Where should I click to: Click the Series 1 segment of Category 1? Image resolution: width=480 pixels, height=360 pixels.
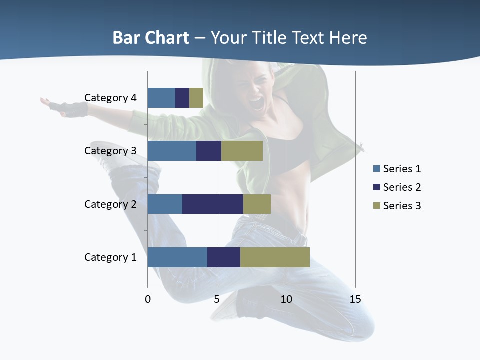[177, 257]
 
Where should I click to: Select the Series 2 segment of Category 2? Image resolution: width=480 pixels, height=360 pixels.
[212, 204]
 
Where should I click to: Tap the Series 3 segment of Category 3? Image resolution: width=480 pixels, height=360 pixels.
[242, 151]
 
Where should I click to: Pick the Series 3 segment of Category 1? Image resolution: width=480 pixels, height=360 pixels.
[275, 257]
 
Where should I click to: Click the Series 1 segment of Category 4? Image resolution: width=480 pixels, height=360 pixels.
[161, 98]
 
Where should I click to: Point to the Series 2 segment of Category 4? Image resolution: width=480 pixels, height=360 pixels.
[182, 98]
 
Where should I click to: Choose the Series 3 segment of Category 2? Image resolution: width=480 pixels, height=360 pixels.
[257, 204]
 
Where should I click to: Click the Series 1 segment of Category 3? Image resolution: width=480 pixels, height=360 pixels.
[172, 151]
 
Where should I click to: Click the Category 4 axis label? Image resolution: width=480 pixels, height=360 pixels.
[110, 98]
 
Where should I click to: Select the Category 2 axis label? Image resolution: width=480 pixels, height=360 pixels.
[110, 204]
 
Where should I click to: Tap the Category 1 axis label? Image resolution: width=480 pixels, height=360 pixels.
[110, 257]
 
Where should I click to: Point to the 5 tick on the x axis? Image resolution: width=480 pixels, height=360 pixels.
[217, 299]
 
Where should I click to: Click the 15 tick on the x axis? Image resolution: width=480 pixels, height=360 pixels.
[355, 299]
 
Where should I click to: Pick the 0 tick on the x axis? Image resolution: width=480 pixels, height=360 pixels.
[148, 299]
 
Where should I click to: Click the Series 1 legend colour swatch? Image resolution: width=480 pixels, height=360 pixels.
[377, 169]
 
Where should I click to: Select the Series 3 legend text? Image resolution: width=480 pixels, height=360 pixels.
[402, 206]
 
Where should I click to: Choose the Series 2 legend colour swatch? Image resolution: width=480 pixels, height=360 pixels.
[377, 187]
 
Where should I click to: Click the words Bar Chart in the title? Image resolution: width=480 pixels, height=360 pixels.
[151, 38]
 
